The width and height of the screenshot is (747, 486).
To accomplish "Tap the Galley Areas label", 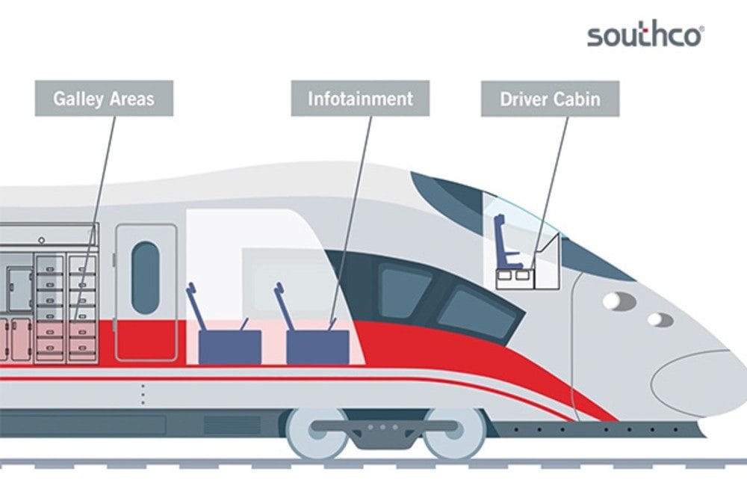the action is pyautogui.click(x=104, y=99).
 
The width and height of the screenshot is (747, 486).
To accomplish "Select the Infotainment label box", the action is pyautogui.click(x=360, y=99).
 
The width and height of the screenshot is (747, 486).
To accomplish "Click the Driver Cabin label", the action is pyautogui.click(x=551, y=99).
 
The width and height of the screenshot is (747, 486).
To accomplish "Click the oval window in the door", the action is pyautogui.click(x=146, y=278).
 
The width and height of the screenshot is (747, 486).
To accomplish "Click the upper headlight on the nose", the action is pyautogui.click(x=619, y=301).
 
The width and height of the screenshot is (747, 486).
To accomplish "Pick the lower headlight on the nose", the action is pyautogui.click(x=660, y=319).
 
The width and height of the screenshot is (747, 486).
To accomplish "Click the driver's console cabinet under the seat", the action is pyautogui.click(x=515, y=279).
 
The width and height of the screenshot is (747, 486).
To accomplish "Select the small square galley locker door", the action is pyautogui.click(x=20, y=287).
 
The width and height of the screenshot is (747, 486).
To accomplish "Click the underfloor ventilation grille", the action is pyautogui.click(x=232, y=425).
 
